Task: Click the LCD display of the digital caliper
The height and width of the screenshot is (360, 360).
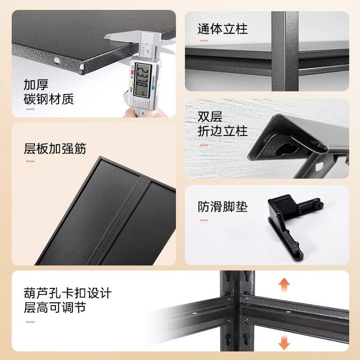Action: click(x=144, y=78)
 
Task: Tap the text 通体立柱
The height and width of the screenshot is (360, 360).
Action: click(x=223, y=30)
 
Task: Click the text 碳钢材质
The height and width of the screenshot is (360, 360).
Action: click(x=49, y=99)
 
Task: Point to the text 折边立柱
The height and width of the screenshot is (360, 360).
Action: click(x=223, y=132)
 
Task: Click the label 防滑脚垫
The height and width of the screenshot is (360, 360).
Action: click(x=223, y=207)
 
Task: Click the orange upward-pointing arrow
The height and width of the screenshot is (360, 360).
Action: click(x=283, y=285)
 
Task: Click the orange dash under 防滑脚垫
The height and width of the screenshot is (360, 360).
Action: click(x=204, y=220)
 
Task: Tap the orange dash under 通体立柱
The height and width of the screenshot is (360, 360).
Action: click(x=204, y=41)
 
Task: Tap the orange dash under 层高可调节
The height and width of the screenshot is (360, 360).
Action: click(x=30, y=321)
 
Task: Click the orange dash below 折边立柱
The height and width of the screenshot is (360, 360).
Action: click(x=204, y=145)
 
